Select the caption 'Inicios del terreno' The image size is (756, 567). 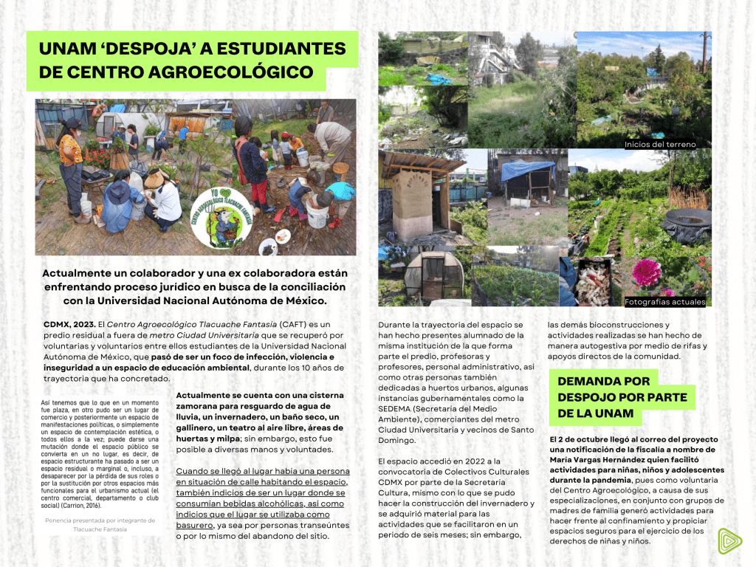pos(659,145)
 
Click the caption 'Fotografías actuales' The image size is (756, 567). pos(664,302)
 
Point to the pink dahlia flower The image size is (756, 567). pos(647,273)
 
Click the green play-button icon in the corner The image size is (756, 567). pos(729,540)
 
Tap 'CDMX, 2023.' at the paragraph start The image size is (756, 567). pos(67,325)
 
